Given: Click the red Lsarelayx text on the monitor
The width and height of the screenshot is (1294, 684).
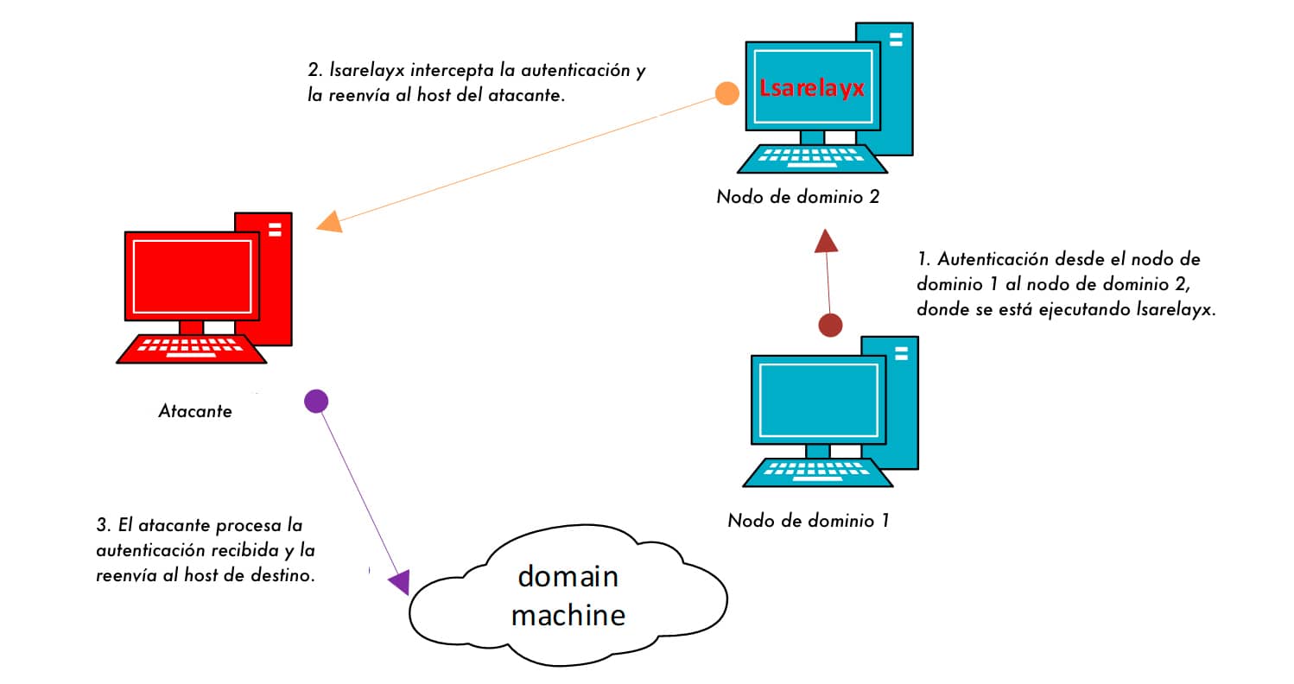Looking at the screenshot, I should [811, 88].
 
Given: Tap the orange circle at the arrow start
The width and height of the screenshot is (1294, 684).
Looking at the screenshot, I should [727, 93].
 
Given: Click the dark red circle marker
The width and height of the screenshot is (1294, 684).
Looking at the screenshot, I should [830, 325].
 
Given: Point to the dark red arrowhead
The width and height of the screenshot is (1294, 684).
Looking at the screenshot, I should [826, 240].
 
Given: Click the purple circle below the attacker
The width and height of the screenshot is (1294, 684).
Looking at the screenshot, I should [317, 400].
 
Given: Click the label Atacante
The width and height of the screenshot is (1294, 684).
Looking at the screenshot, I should [195, 411].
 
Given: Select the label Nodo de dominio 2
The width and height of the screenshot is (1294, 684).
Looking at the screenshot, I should [797, 197].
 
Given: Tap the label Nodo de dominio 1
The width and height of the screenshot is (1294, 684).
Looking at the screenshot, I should [808, 521].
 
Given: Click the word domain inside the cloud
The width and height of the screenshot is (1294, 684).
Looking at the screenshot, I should [568, 576].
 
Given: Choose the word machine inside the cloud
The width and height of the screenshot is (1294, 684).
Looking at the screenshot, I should [568, 615].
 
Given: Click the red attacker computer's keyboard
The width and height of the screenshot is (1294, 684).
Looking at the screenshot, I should [191, 348].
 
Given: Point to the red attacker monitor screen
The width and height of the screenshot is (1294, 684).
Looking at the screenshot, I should [191, 275].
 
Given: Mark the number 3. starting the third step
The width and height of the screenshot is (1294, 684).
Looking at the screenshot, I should [103, 525].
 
